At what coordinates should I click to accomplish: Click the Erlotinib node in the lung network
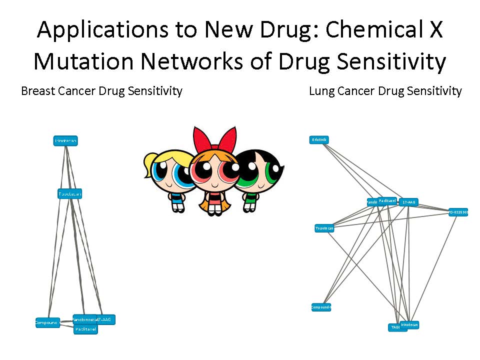(x=319, y=140)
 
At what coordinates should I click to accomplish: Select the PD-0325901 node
(x=458, y=212)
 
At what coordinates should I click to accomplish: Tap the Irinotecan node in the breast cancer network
(x=66, y=141)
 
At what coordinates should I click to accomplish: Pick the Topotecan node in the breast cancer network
(x=69, y=194)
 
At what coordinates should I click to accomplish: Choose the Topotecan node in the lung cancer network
(x=324, y=228)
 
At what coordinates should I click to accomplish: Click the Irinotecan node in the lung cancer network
(x=409, y=325)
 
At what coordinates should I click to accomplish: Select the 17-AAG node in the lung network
(x=408, y=202)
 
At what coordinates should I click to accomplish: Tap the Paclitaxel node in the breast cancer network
(x=85, y=329)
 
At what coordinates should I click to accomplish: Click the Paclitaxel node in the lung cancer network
(x=387, y=200)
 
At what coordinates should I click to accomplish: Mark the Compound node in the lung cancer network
(x=321, y=307)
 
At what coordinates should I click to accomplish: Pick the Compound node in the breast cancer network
(x=47, y=322)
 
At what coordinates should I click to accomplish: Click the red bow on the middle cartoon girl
(x=215, y=137)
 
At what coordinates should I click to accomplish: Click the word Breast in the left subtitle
(x=38, y=91)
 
